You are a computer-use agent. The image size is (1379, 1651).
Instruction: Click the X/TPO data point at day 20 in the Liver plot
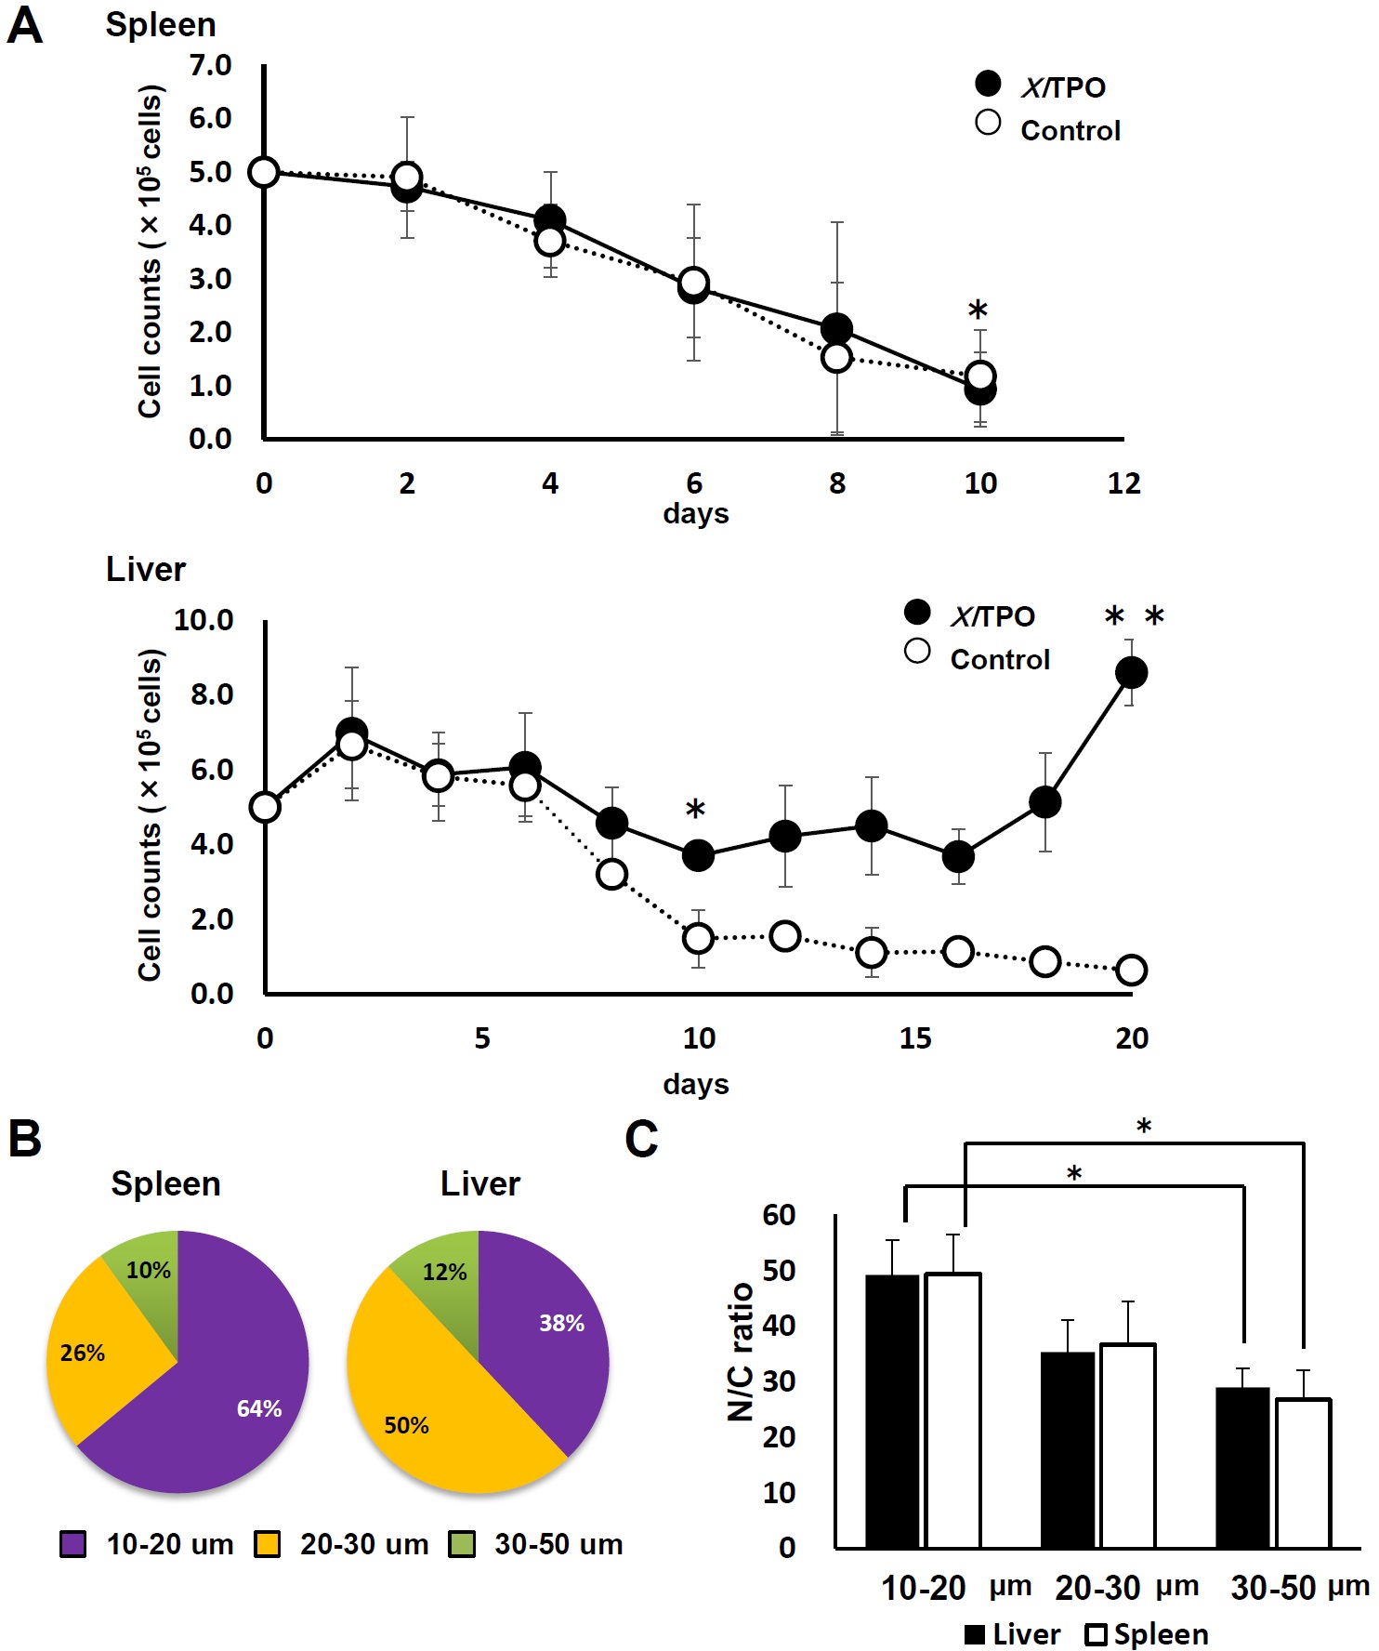(x=1130, y=672)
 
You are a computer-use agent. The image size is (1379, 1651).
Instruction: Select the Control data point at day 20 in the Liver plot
(x=1131, y=970)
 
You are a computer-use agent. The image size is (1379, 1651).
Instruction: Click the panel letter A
(x=25, y=26)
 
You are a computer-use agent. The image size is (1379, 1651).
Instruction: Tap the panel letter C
(x=641, y=1139)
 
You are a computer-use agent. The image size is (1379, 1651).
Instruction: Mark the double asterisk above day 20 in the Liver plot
(x=1135, y=616)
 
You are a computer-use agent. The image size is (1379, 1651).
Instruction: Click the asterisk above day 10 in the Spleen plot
(x=978, y=310)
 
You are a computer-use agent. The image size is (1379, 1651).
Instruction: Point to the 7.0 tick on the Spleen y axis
(x=210, y=65)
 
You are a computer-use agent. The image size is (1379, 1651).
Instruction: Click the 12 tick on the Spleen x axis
(x=1123, y=483)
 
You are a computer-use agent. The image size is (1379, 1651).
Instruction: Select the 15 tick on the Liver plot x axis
(x=914, y=1038)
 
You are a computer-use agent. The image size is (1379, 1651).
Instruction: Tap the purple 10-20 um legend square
(x=72, y=1544)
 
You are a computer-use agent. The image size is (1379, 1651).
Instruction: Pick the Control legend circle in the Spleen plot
(x=988, y=123)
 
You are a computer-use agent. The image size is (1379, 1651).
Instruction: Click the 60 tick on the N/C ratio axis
(x=779, y=1214)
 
